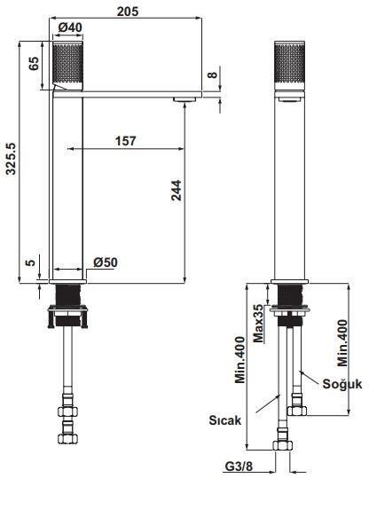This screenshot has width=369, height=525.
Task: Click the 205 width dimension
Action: click(127, 12)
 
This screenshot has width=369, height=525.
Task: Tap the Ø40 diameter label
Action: click(70, 27)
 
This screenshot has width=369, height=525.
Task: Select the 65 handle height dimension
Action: click(33, 63)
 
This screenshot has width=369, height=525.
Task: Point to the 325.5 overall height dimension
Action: click(11, 159)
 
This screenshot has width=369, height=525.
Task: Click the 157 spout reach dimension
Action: click(126, 141)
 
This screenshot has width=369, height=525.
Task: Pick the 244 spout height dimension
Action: click(177, 190)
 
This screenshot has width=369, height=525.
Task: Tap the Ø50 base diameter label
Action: click(106, 262)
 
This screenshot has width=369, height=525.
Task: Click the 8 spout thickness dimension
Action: click(212, 75)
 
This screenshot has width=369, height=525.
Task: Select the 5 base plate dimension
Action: click(30, 262)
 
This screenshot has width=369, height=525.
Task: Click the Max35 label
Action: click(258, 323)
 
